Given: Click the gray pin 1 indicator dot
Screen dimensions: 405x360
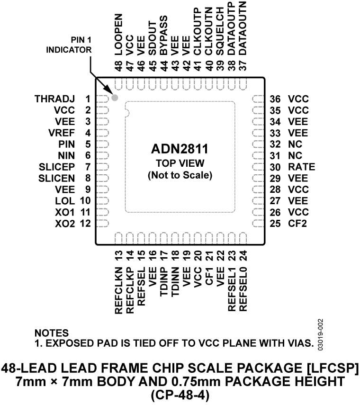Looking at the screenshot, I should [114, 98].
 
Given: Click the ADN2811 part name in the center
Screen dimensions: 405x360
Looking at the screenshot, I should [180, 150].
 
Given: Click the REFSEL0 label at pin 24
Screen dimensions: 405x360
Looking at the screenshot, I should [243, 292].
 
